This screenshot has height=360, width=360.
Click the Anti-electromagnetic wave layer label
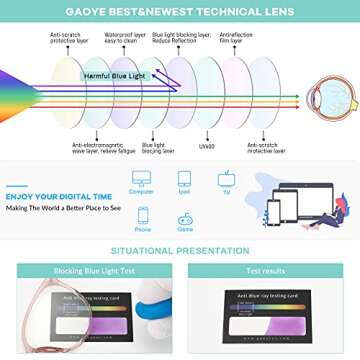(96, 149)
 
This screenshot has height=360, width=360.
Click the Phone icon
(143, 215)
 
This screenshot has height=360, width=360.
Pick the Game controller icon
(185, 215)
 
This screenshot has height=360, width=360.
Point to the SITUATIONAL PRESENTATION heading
(180, 250)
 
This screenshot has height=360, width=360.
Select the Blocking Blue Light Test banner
(95, 271)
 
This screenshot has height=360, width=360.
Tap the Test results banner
(265, 271)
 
